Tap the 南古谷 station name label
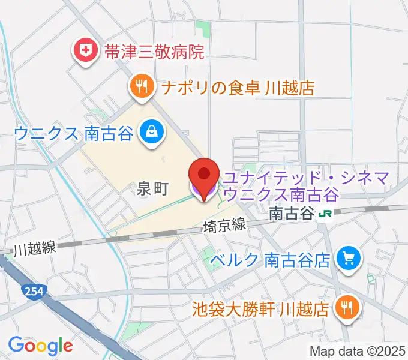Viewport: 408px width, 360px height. click(x=292, y=213)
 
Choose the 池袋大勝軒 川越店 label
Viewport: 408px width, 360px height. click(x=260, y=310)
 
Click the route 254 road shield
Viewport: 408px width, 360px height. click(x=33, y=292)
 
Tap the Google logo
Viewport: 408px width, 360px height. click(x=40, y=346)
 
